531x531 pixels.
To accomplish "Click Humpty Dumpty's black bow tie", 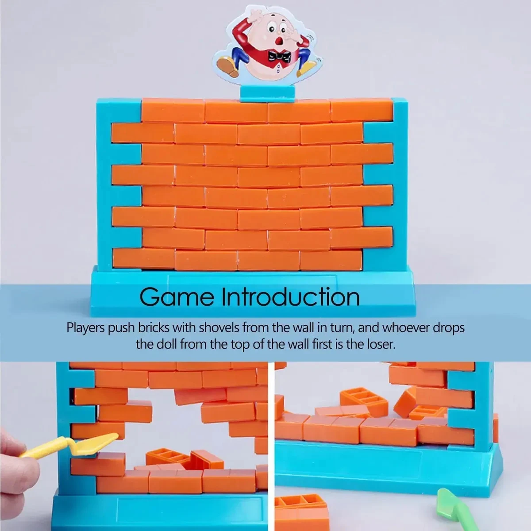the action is tap(279, 57).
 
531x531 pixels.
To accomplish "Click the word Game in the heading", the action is tap(177, 298).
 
